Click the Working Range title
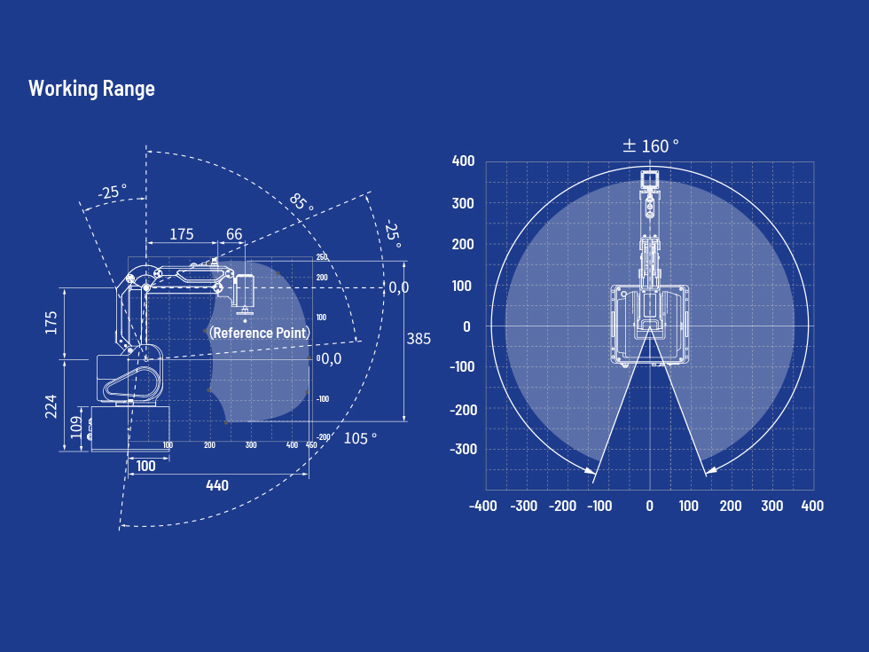[91, 89]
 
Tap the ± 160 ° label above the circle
[650, 145]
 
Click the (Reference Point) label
[259, 333]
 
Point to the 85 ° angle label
[301, 203]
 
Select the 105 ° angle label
[360, 438]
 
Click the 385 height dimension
[419, 338]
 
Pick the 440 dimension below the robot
[216, 485]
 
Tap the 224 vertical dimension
[51, 406]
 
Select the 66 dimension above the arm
[234, 234]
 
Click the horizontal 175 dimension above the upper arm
[181, 234]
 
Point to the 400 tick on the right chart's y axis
[463, 161]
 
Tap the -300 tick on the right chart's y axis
[463, 449]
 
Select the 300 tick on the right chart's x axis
[771, 506]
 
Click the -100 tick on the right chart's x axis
[599, 506]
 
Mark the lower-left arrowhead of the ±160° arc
[595, 479]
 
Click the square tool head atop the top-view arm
[650, 180]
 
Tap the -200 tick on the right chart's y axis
[463, 409]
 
